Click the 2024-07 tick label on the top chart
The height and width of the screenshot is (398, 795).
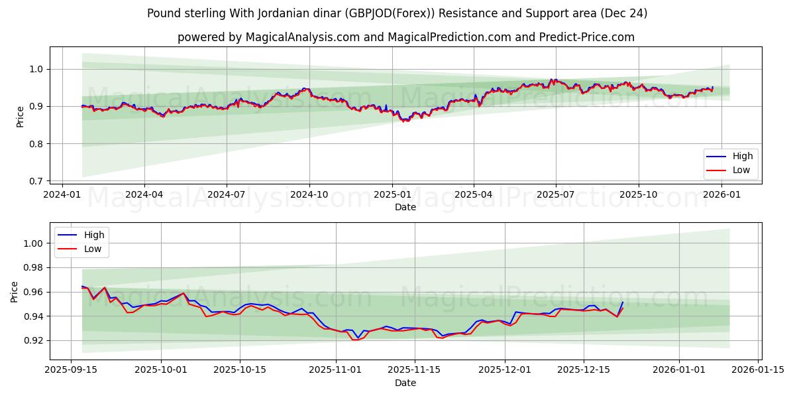227,195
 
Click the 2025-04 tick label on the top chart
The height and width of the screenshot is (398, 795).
474,195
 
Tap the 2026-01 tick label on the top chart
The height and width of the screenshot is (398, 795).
721,195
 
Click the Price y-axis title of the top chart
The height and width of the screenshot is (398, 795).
20,117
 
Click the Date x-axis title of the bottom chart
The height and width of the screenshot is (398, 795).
405,383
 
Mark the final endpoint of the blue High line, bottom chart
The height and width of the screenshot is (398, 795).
622,302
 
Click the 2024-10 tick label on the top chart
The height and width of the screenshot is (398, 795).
309,195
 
